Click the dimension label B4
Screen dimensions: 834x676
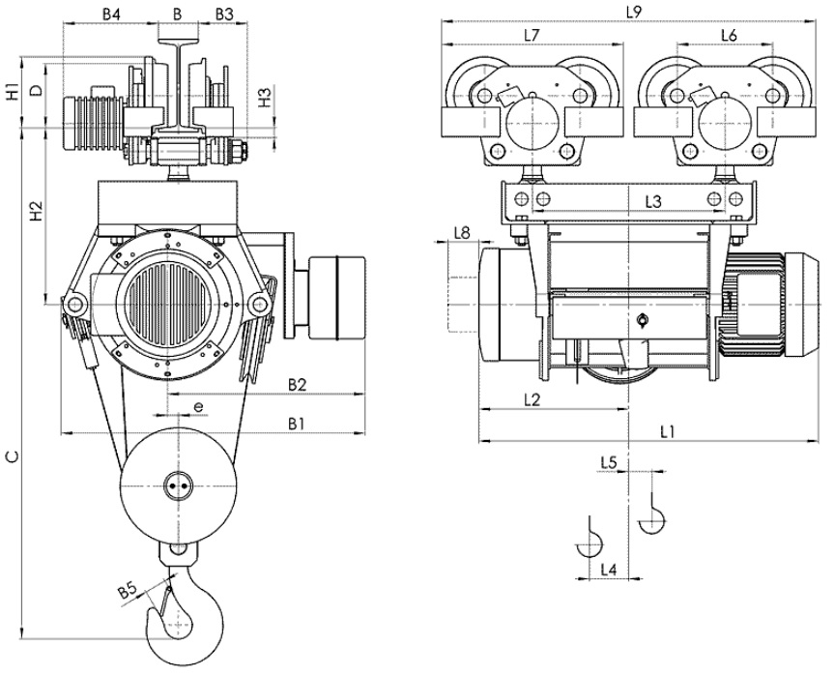point(111,15)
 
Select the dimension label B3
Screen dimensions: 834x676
point(224,15)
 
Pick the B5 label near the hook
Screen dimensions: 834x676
point(128,590)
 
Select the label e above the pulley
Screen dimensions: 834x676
point(198,407)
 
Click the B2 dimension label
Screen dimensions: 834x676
point(298,384)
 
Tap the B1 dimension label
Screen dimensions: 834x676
point(297,424)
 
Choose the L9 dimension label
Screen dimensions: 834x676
point(633,12)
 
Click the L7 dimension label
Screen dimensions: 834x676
point(532,35)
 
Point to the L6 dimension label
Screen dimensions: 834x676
point(729,36)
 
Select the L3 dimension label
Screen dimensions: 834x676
point(653,202)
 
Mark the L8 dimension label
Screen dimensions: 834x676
point(462,233)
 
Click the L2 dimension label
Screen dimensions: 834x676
point(532,399)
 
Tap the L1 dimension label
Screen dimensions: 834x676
point(668,431)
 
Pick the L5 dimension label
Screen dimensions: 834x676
point(609,462)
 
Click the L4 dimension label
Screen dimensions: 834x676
point(609,570)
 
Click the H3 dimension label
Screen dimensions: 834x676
point(266,98)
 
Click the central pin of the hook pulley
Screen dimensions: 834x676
point(177,485)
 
